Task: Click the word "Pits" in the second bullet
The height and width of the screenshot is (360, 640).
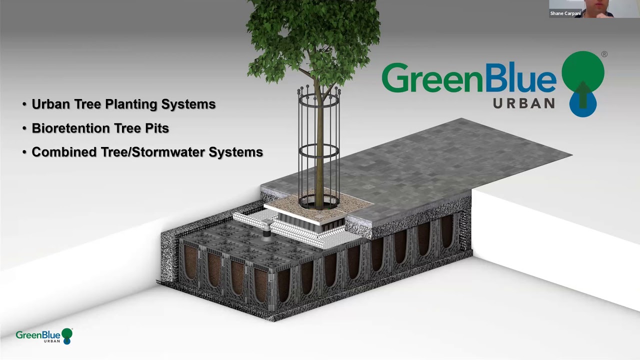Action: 157,128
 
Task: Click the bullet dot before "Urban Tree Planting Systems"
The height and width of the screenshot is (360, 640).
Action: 24,104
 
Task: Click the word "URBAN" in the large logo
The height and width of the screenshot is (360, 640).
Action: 524,103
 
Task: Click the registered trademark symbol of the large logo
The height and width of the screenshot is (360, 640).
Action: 604,54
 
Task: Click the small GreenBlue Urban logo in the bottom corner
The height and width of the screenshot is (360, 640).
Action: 44,335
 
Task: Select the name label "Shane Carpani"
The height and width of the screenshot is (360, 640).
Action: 565,13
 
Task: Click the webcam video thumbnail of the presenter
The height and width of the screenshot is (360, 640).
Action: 594,8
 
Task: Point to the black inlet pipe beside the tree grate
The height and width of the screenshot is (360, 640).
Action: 266,231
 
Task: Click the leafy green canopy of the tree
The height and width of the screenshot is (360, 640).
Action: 312,35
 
